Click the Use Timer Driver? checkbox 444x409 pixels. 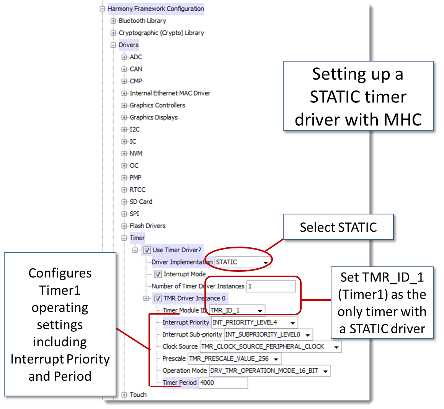point(147,250)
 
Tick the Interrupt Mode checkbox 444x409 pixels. point(158,274)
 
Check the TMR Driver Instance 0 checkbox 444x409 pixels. point(158,299)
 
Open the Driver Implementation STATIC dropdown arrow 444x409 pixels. point(265,263)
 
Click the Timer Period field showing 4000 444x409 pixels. point(223,383)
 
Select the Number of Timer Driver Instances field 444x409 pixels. point(271,286)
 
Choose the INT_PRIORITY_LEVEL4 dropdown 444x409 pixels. point(254,323)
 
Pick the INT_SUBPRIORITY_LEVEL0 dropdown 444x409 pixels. point(268,335)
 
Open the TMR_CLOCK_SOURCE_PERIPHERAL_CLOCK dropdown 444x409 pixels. point(270,347)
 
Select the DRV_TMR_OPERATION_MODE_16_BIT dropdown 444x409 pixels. point(269,371)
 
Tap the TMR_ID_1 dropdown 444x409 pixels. point(237,310)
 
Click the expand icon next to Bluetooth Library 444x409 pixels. point(113,21)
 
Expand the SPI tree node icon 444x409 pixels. point(124,214)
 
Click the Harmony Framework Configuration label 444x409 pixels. point(156,9)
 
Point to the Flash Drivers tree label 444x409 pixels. point(147,226)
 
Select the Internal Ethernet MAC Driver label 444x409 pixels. point(170,93)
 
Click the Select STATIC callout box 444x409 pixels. point(338,227)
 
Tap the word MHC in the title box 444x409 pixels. point(402,120)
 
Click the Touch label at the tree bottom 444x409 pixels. point(138,395)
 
